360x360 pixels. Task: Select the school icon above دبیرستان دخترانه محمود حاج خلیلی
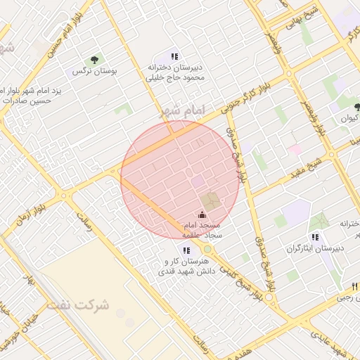[x=174, y=56]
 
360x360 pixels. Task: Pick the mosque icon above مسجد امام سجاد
[x=202, y=214]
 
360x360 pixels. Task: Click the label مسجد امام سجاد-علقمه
[x=202, y=230]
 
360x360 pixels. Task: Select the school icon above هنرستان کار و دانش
[x=186, y=250]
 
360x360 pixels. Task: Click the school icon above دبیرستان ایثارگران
[x=315, y=237]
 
